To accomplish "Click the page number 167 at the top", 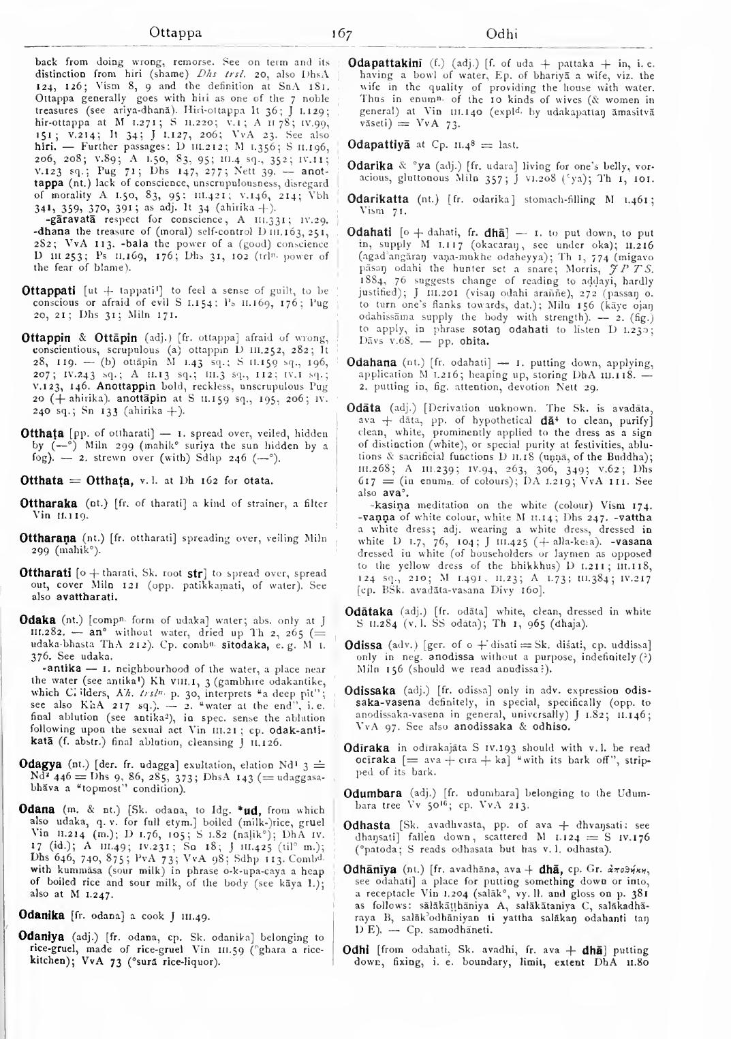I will pyautogui.click(x=341, y=33).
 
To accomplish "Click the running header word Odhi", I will pyautogui.click(x=502, y=33).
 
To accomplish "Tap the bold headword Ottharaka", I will pyautogui.click(x=49, y=504).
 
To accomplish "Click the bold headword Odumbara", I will pyautogui.click(x=373, y=793).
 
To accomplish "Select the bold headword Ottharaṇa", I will pyautogui.click(x=50, y=538).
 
